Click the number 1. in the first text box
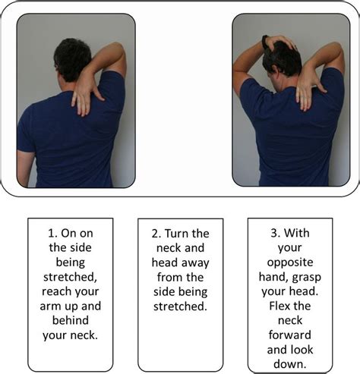coord(50,233)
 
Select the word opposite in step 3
coord(290,262)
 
